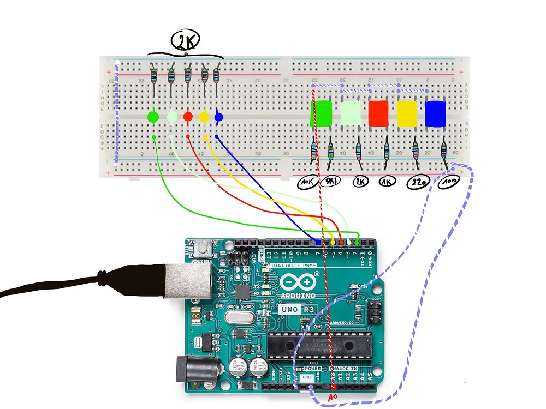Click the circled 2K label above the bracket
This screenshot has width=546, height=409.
(186, 40)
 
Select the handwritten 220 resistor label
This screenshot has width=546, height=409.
(418, 183)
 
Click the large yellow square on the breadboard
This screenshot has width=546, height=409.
(407, 113)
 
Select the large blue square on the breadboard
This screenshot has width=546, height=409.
(436, 113)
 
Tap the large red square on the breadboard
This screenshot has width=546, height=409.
(378, 113)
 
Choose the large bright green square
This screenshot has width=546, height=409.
(321, 113)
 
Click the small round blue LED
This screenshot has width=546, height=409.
(218, 116)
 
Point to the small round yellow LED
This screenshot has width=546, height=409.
(204, 116)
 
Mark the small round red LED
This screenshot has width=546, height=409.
(188, 116)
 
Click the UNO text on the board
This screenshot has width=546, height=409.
(289, 309)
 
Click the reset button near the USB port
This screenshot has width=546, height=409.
(204, 249)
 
